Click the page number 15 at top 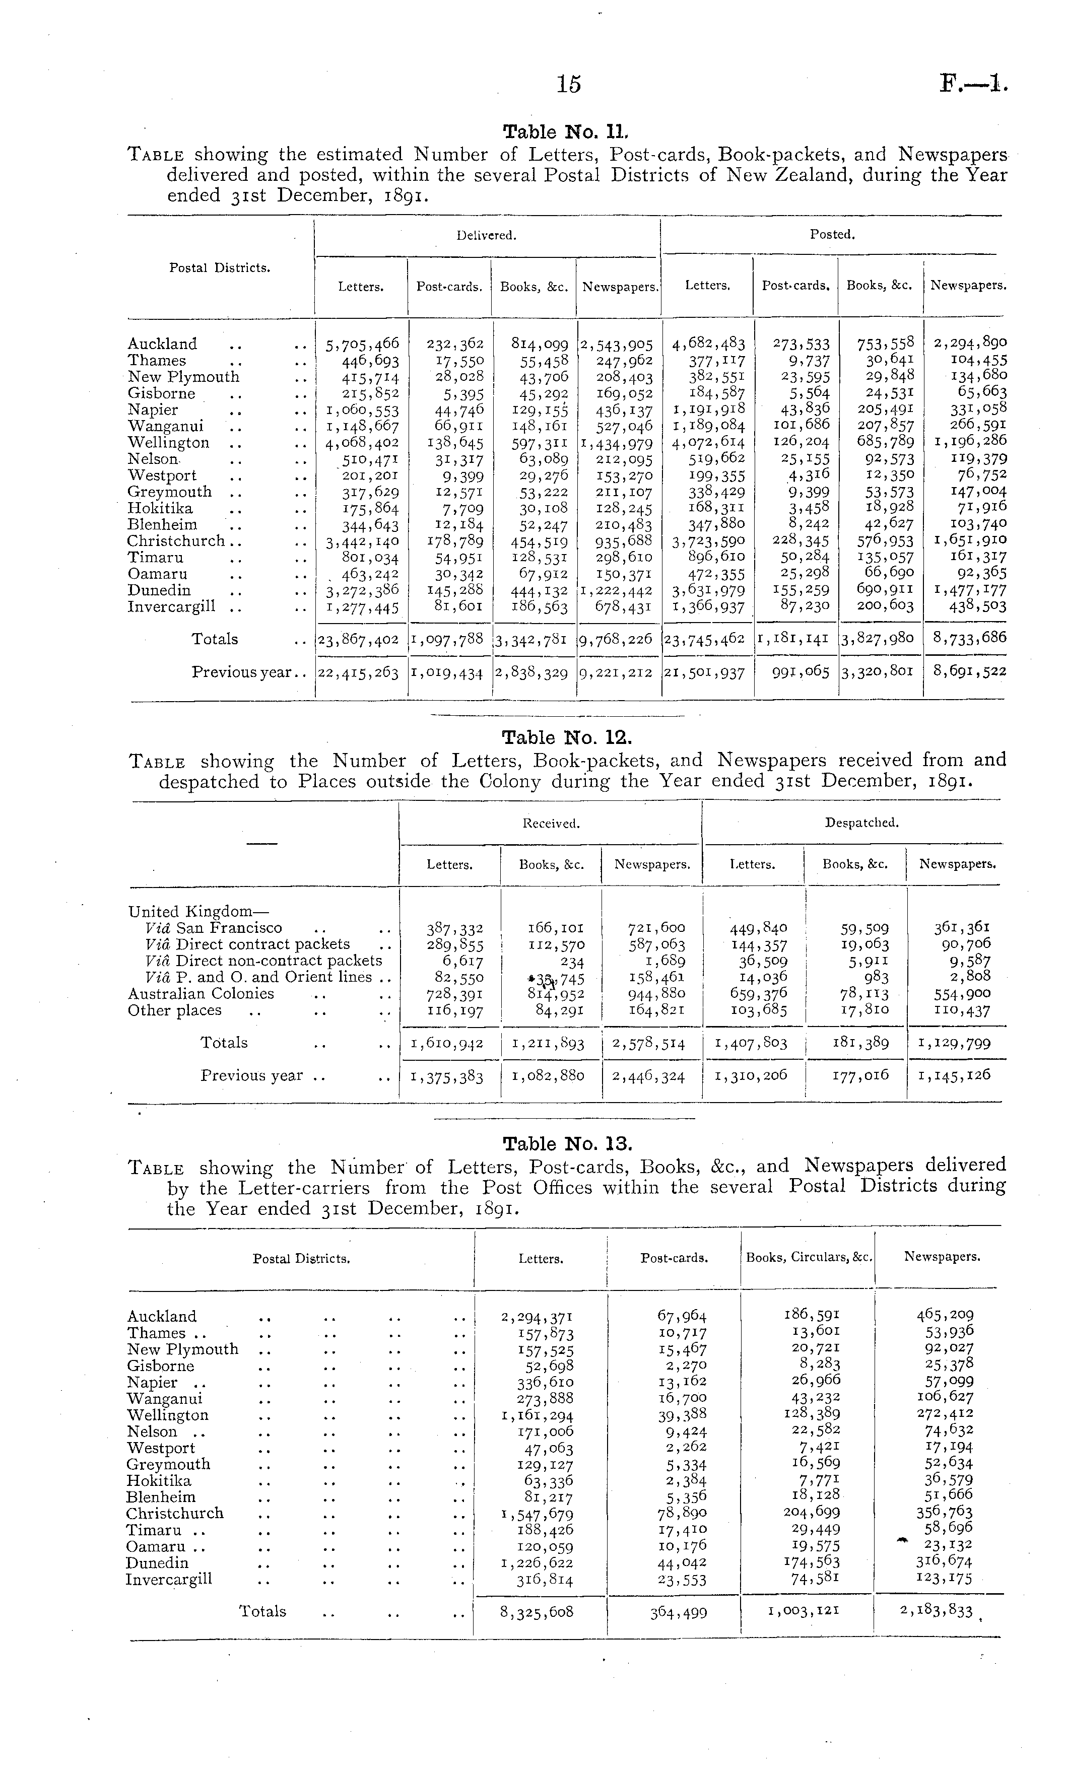click(x=568, y=84)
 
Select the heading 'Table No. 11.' click(x=566, y=132)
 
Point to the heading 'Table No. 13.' click(x=567, y=1144)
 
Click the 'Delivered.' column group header click(x=487, y=235)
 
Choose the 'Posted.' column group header click(x=832, y=235)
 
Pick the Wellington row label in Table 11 click(x=169, y=443)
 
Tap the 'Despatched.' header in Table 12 click(x=861, y=823)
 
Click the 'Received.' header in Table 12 click(x=551, y=824)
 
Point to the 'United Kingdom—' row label click(x=198, y=912)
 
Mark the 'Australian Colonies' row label click(x=201, y=994)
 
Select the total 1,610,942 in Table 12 click(x=446, y=1043)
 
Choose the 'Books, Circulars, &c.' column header click(x=809, y=1257)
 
